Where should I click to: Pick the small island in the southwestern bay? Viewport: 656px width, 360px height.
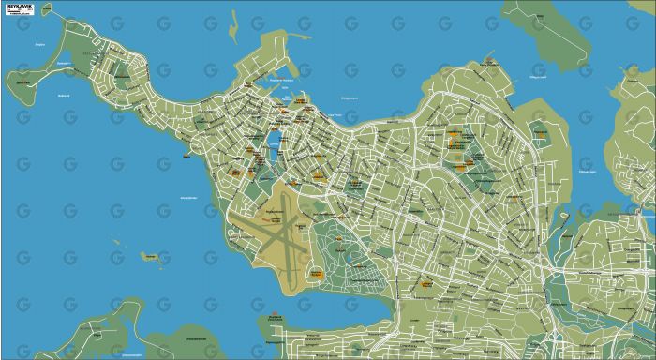pyautogui.click(x=148, y=255)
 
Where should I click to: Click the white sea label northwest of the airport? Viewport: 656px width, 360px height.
pyautogui.click(x=187, y=198)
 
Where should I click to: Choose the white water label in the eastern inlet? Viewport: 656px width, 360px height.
pyautogui.click(x=588, y=173)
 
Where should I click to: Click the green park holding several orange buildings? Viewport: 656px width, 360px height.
pyautogui.click(x=459, y=150)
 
